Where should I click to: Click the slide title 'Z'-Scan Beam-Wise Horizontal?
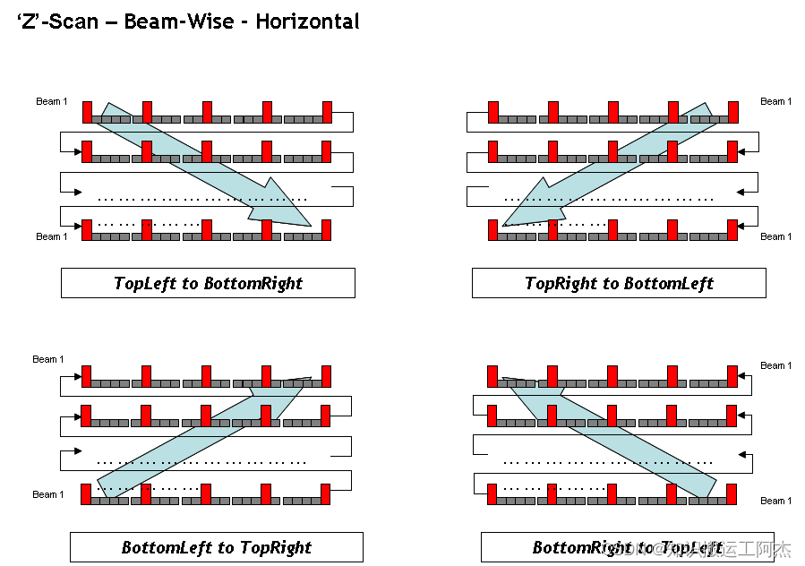tap(188, 21)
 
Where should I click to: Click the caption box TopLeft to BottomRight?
tap(208, 283)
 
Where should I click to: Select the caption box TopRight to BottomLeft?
tap(619, 283)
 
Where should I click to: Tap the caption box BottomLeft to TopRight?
tap(217, 547)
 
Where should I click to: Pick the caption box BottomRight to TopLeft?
tap(627, 547)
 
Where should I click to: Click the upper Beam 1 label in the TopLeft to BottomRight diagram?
tap(51, 101)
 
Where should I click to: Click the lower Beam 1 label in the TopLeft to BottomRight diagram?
tap(51, 236)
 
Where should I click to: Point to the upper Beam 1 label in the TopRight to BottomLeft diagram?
tap(775, 101)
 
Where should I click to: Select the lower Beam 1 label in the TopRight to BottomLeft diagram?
tap(775, 236)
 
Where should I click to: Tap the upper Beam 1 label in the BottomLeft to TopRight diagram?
tap(48, 359)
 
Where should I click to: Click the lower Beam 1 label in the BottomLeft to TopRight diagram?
tap(48, 494)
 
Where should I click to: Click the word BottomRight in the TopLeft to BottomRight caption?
tap(253, 283)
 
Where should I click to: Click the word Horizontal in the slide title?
tap(307, 21)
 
